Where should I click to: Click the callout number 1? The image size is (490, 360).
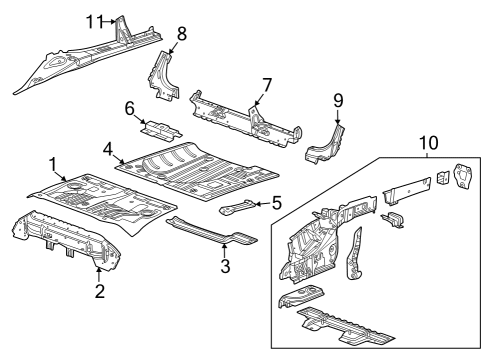click(x=53, y=162)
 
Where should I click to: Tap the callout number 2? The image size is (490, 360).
click(x=99, y=291)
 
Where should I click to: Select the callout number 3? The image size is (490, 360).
click(x=226, y=267)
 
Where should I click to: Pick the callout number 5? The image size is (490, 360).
click(x=277, y=203)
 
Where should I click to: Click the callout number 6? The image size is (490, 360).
click(x=131, y=108)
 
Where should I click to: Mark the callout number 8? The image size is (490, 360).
click(x=181, y=34)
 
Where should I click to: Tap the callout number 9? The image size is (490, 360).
click(x=338, y=100)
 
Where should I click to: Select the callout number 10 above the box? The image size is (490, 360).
click(x=428, y=144)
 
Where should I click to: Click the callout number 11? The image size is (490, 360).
click(x=94, y=21)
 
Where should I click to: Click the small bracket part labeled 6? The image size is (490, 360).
click(x=161, y=130)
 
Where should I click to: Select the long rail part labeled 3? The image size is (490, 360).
click(x=210, y=231)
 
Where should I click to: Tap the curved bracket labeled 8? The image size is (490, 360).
click(x=163, y=75)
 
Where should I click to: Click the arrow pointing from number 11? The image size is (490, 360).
click(x=110, y=21)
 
